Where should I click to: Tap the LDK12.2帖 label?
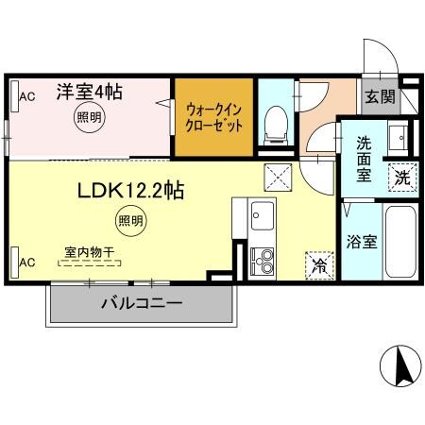pos(129,190)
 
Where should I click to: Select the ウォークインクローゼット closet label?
pos(213,116)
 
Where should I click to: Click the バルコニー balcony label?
pos(142,304)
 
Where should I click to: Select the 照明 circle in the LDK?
pos(131,221)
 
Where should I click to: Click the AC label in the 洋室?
pos(26,95)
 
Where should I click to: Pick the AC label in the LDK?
pos(26,262)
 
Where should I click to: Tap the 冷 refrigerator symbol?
pos(319,265)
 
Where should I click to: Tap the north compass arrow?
pos(399,364)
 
